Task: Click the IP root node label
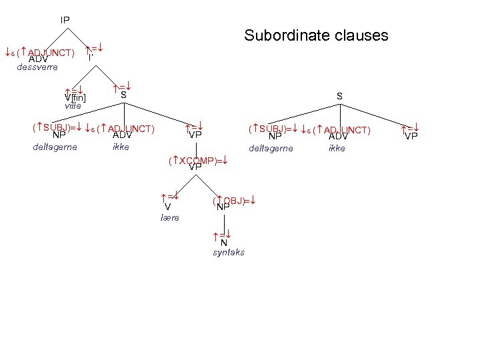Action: [x=65, y=21]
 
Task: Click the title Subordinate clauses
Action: [x=316, y=35]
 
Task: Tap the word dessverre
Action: [x=37, y=67]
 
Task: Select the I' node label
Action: [x=90, y=58]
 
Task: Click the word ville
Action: [x=73, y=106]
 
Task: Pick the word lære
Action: [x=170, y=218]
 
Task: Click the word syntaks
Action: [x=229, y=253]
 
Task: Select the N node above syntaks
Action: [x=224, y=243]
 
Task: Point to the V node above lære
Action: [x=168, y=207]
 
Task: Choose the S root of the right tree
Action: [x=339, y=97]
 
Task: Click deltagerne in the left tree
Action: [x=55, y=147]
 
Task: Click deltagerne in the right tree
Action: [x=270, y=147]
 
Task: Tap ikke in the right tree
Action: [x=337, y=147]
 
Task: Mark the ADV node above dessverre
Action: [x=38, y=58]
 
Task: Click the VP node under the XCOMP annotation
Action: [x=195, y=167]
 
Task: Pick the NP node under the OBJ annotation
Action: [x=223, y=207]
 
